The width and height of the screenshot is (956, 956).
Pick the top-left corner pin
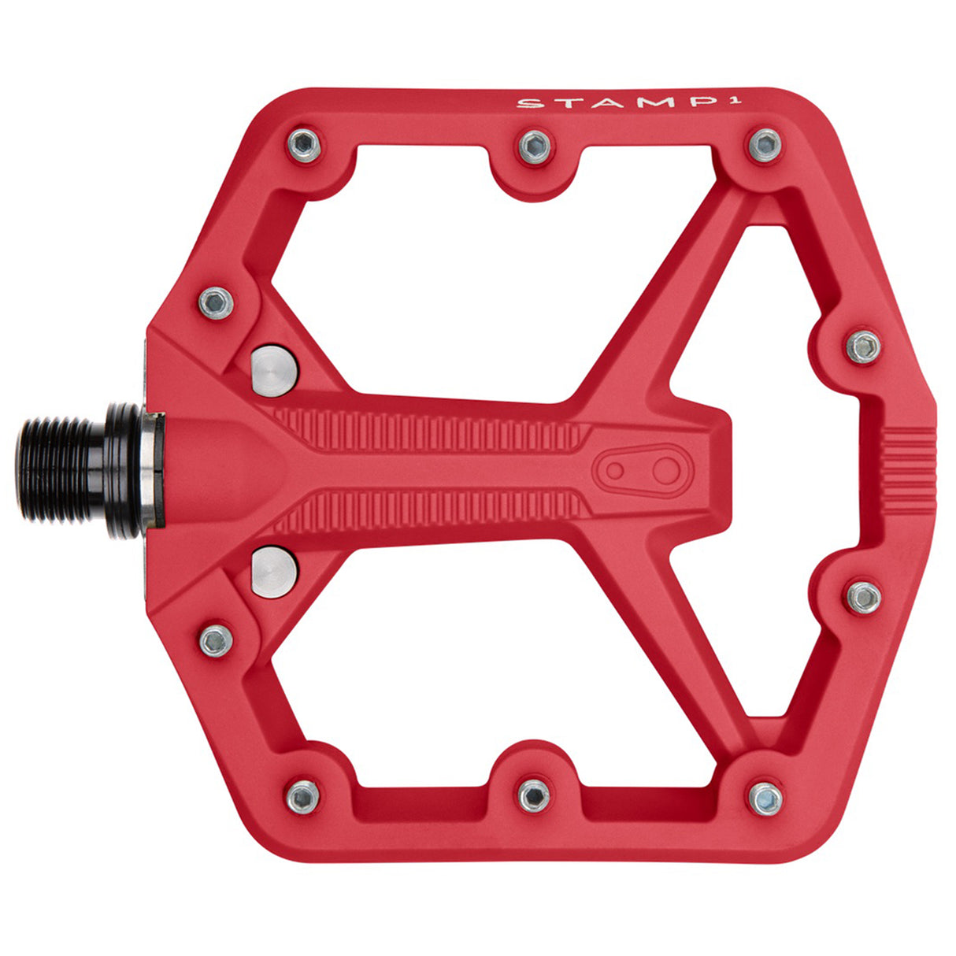point(305,144)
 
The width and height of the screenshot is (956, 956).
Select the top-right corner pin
point(764,145)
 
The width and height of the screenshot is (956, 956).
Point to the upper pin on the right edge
point(864,346)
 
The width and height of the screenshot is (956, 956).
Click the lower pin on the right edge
point(864,597)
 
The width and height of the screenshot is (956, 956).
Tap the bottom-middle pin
point(534,796)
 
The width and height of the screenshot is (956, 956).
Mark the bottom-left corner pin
point(303,797)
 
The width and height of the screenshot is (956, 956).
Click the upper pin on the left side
point(216,302)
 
